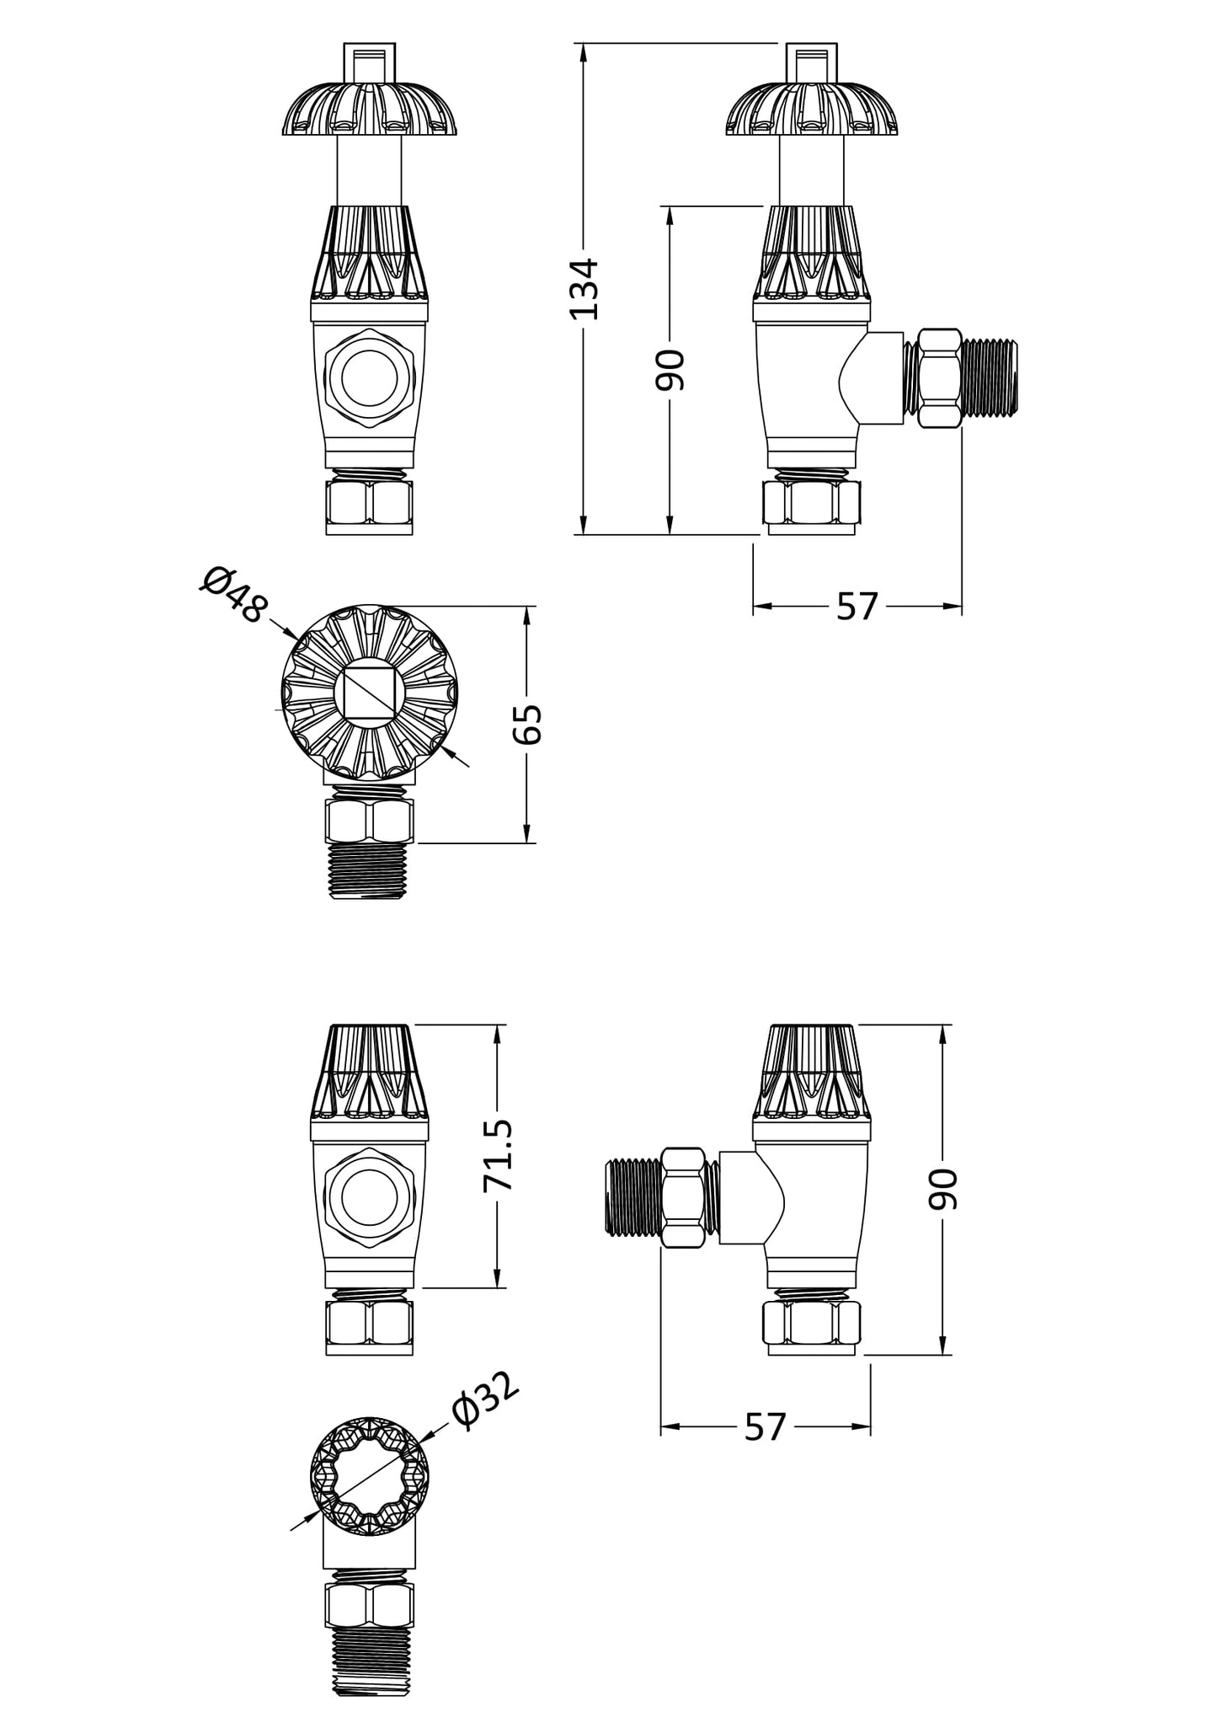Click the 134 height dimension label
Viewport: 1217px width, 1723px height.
tap(584, 289)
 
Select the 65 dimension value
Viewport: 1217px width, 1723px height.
tap(528, 723)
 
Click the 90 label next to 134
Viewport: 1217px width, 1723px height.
tap(670, 369)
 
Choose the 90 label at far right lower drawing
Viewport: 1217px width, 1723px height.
tap(943, 1189)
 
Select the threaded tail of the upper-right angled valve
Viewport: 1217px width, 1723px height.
tap(990, 377)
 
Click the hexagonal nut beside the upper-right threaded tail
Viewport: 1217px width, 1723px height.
tap(939, 377)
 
